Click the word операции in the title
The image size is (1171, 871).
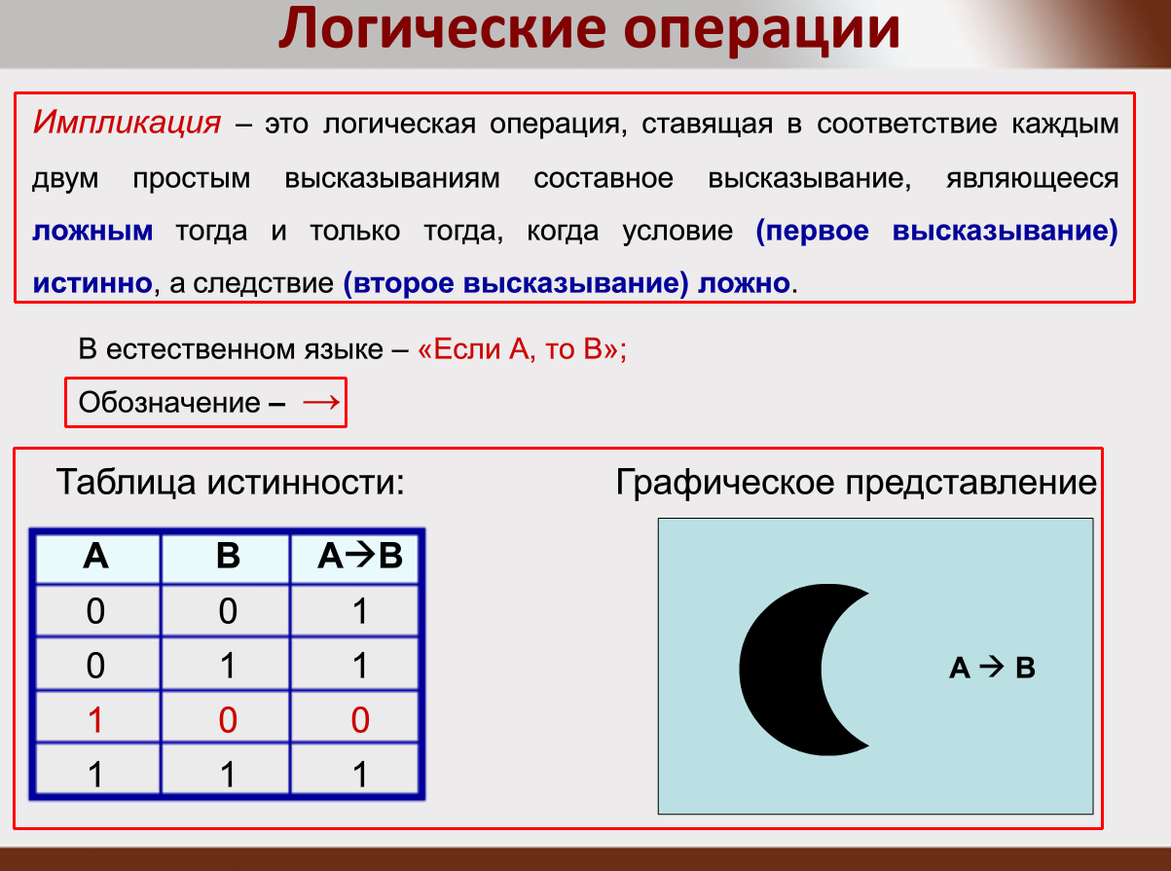(x=760, y=31)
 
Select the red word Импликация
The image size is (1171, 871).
(x=127, y=124)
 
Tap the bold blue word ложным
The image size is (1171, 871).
(x=92, y=232)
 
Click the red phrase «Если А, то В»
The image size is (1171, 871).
(x=517, y=350)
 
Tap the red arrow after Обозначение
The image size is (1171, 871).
(x=321, y=402)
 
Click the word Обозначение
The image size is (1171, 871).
(x=168, y=403)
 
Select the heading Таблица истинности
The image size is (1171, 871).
(x=230, y=481)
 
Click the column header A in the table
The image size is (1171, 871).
(x=95, y=556)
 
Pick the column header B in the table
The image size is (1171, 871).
(x=228, y=556)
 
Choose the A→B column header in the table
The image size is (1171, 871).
(x=359, y=556)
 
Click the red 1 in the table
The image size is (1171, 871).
(x=95, y=721)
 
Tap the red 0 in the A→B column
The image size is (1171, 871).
(x=359, y=721)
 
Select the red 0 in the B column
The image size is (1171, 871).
(x=228, y=721)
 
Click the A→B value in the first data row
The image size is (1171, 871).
(x=359, y=612)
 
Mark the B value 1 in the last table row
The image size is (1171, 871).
(x=228, y=775)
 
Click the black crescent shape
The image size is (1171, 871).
(x=779, y=670)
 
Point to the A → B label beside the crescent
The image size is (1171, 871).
(x=992, y=669)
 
